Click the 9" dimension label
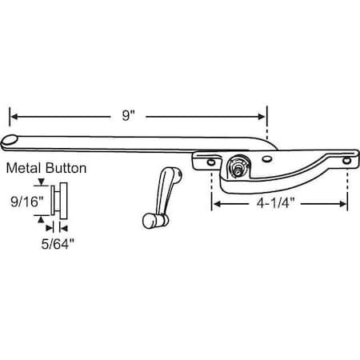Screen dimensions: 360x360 [x=128, y=114]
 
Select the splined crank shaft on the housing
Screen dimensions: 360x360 [x=235, y=169]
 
